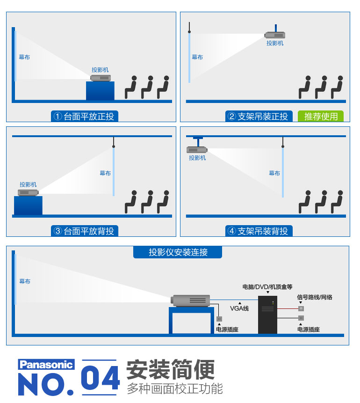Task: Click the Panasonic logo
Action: click(x=46, y=365)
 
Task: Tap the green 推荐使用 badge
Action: click(x=321, y=116)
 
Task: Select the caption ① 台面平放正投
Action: click(x=85, y=116)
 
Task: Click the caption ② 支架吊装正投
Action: click(x=259, y=116)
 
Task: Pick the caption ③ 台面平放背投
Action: click(x=85, y=231)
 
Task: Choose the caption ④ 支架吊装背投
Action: click(x=259, y=231)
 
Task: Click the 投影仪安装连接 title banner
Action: click(x=178, y=252)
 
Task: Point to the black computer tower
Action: click(x=268, y=315)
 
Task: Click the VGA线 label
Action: click(x=239, y=308)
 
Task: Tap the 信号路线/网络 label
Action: click(x=315, y=297)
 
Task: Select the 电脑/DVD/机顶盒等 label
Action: click(x=267, y=286)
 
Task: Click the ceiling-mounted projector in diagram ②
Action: click(x=275, y=35)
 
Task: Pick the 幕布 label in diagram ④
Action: click(x=274, y=173)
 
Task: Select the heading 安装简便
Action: click(x=171, y=370)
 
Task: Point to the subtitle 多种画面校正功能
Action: click(x=175, y=388)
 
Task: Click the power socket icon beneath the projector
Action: click(x=219, y=319)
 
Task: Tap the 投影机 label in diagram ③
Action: click(x=28, y=184)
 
